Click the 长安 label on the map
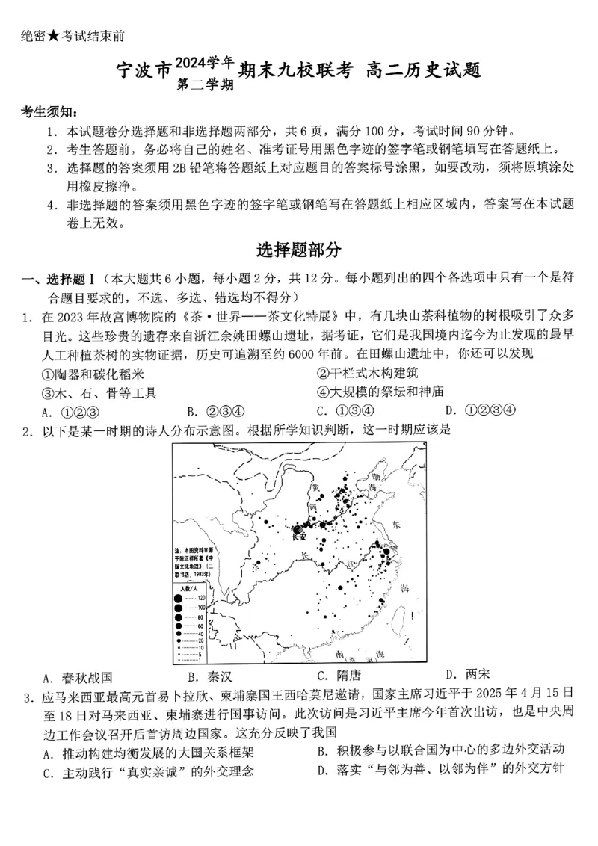tap(299, 536)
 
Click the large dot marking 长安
tap(298, 527)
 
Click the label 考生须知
tap(47, 112)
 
